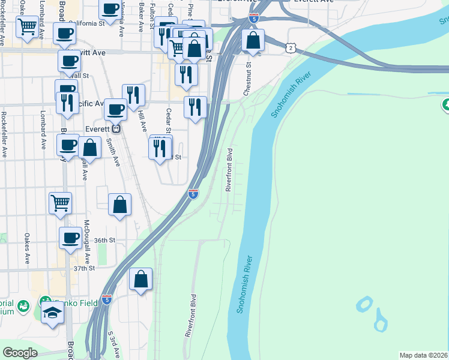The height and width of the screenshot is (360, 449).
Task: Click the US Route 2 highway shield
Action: pyautogui.click(x=291, y=47)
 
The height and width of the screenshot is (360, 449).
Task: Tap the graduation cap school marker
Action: pyautogui.click(x=52, y=313)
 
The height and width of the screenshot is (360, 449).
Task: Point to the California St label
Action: pyautogui.click(x=90, y=23)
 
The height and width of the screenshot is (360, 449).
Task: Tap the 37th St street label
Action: pyautogui.click(x=84, y=268)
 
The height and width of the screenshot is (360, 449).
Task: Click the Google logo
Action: pyautogui.click(x=20, y=353)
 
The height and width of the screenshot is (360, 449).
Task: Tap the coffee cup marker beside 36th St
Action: pyautogui.click(x=70, y=238)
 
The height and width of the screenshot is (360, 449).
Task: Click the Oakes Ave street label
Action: pyautogui.click(x=27, y=248)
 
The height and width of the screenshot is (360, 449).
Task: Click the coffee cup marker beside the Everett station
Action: pyautogui.click(x=115, y=109)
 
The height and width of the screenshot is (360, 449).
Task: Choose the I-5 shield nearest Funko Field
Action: pyautogui.click(x=106, y=299)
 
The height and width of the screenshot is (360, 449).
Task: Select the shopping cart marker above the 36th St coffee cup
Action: pyautogui.click(x=60, y=203)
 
